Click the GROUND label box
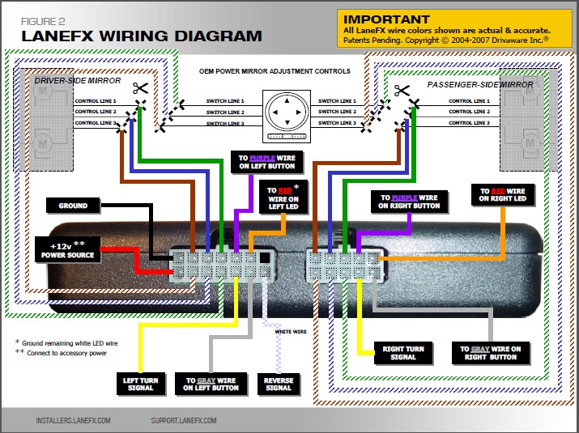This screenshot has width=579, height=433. pyautogui.click(x=73, y=206)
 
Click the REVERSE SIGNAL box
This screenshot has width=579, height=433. pyautogui.click(x=278, y=383)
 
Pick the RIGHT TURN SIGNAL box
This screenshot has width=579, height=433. pyautogui.click(x=404, y=353)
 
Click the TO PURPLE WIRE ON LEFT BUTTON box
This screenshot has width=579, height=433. pyautogui.click(x=266, y=161)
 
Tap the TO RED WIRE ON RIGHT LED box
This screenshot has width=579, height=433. pyautogui.click(x=502, y=194)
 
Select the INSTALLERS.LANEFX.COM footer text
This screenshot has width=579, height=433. pyautogui.click(x=73, y=421)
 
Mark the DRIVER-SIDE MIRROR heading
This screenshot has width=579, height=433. pyautogui.click(x=78, y=82)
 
